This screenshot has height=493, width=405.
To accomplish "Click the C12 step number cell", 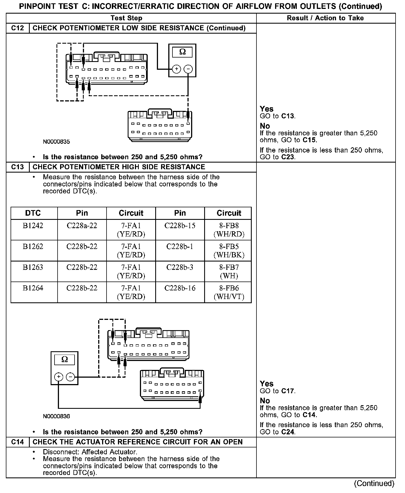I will coord(18,28).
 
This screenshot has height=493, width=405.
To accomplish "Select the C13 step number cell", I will coord(18,167).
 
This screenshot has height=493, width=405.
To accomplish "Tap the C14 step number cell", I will coord(18,442).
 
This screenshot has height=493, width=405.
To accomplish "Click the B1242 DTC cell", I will coord(33,230).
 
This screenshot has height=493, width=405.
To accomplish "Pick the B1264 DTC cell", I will coord(33,292).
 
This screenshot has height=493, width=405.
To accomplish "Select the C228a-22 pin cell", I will coord(82,230).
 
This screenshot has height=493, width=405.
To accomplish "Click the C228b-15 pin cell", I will coord(180,230).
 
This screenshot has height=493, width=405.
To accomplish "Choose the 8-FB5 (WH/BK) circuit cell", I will coord(229,251).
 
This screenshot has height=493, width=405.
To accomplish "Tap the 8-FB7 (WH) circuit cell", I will coord(229,272).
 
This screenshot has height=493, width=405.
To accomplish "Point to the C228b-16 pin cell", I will coord(180,292).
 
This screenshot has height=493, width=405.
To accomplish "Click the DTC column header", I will coord(33,213).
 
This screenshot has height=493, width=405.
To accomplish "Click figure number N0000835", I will coord(56,142).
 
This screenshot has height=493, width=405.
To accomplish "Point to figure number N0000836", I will coord(56,416).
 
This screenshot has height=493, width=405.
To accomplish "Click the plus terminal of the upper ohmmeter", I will coord(176,69).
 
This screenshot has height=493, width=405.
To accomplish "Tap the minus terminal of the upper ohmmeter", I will coord(189,69).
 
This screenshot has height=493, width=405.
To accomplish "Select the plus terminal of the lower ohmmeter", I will coord(58,377).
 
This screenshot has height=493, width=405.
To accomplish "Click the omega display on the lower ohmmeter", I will coord(65,360).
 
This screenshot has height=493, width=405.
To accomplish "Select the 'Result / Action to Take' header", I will coord(325,18).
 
